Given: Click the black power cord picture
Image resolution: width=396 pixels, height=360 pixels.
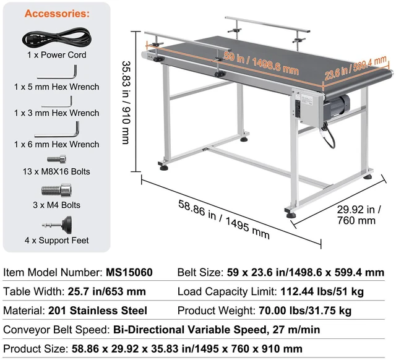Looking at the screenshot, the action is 56,37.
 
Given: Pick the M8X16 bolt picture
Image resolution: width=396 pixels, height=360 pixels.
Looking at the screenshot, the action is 56,160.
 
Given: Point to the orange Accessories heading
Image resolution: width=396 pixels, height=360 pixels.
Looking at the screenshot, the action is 57,14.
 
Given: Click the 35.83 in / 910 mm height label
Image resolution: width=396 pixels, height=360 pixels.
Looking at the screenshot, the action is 126,103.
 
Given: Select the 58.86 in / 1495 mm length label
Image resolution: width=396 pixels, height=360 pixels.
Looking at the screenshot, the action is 224,219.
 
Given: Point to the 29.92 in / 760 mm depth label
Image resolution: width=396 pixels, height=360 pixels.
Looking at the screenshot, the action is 359,215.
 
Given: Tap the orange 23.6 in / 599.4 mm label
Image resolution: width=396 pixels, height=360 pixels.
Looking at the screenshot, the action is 356,67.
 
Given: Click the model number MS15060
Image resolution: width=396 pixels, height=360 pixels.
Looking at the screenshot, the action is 129,272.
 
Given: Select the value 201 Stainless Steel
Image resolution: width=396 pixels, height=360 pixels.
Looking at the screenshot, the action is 98,311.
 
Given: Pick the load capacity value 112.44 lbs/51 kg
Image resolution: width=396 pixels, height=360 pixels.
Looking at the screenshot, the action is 322,291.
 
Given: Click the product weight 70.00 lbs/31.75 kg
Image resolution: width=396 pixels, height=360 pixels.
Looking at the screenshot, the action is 305,311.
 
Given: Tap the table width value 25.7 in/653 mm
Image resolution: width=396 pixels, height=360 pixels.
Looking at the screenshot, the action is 107,291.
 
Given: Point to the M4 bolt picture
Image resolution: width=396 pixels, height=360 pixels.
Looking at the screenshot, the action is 56,190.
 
